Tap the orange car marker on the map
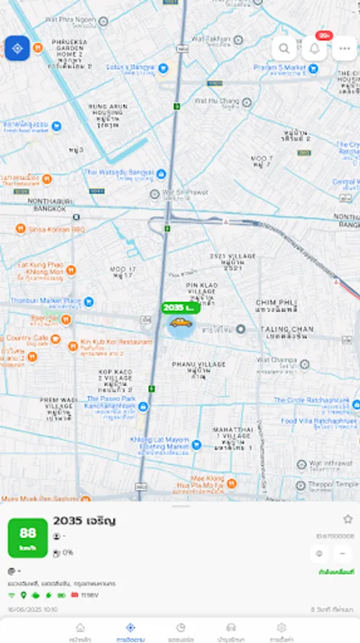coord(181,322)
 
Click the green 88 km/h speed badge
coord(28,538)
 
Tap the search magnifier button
coord(284,49)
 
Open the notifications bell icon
coord(314,49)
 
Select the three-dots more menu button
coord(345,49)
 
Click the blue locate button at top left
coord(17,48)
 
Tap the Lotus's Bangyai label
coord(130,68)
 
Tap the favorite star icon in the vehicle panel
coord(348,519)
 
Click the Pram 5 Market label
coord(280,68)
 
